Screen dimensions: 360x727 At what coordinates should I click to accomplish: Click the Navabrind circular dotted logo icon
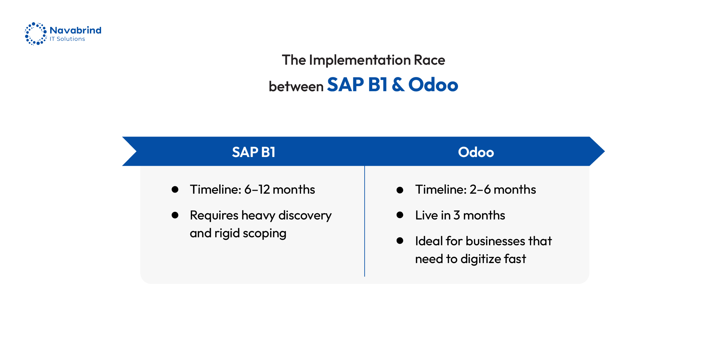(x=36, y=34)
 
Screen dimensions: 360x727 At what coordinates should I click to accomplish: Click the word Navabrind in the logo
(x=75, y=30)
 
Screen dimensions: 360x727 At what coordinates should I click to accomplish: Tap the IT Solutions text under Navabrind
(x=67, y=39)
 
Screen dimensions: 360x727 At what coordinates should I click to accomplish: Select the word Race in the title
(x=429, y=60)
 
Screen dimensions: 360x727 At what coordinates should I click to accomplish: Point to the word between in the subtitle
(x=296, y=86)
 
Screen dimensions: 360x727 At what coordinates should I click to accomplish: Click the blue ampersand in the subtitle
(x=398, y=85)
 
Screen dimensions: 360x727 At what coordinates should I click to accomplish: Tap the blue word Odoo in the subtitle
(x=433, y=85)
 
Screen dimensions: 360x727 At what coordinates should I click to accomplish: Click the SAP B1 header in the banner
(x=253, y=152)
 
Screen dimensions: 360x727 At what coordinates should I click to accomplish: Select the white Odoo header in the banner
(x=476, y=152)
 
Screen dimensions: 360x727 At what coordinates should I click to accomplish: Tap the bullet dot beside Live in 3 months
(x=400, y=215)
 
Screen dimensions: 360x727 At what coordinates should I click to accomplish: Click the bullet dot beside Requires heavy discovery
(x=175, y=215)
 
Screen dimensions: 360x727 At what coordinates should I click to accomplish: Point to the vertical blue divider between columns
(x=365, y=222)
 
